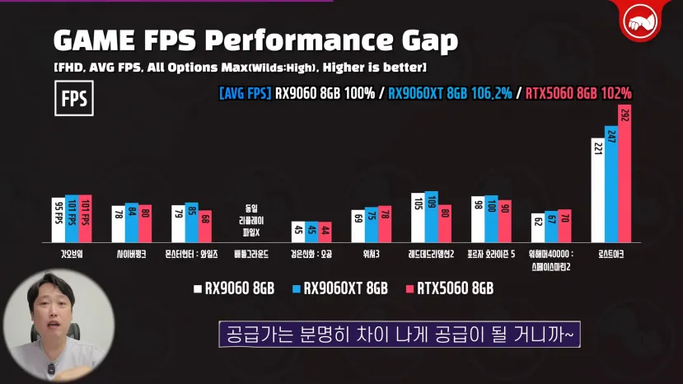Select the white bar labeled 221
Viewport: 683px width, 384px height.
(x=597, y=189)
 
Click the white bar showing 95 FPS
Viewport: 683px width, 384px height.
(x=59, y=218)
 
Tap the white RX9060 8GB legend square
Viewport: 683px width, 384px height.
(x=199, y=288)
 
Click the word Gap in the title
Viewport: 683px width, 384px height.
(x=422, y=40)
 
